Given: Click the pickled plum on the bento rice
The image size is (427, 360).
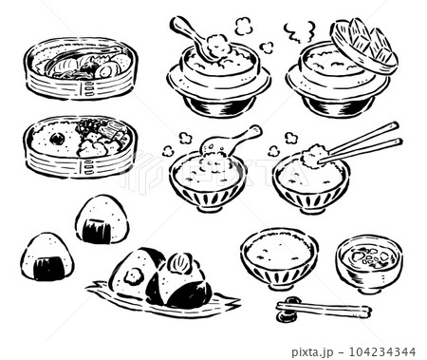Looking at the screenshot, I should tap(57, 139).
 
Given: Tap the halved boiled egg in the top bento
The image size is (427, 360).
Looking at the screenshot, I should tap(105, 68).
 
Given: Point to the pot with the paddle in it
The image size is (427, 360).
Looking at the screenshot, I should tap(211, 81).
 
